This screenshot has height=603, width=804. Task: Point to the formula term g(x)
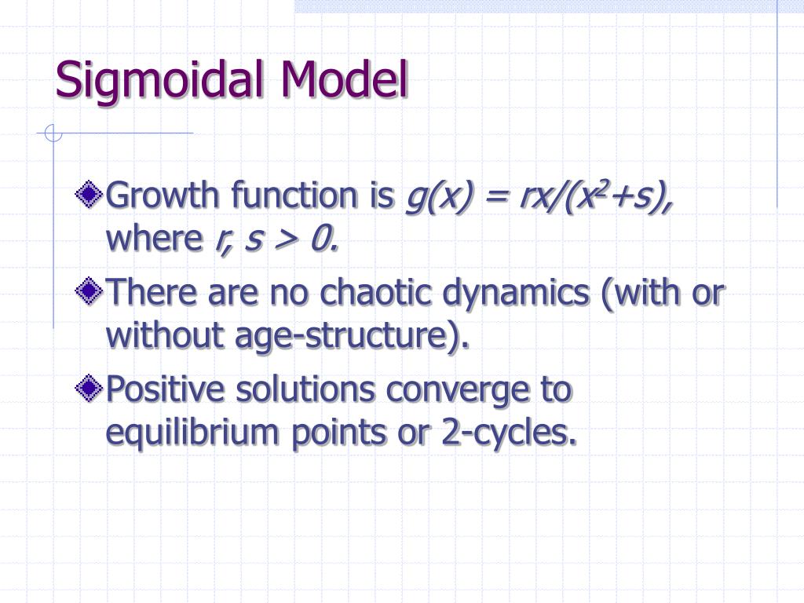(433, 196)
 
